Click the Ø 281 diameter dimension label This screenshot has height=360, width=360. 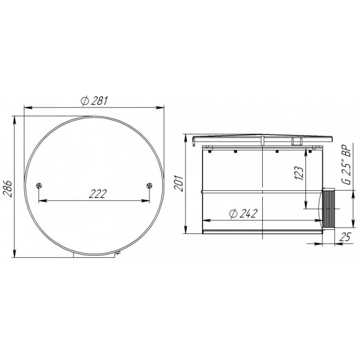point(94,101)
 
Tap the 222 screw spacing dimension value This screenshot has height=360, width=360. point(98,194)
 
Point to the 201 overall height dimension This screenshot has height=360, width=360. point(178,183)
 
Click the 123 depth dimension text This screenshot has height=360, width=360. point(299,173)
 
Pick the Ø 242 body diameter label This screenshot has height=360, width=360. point(243,214)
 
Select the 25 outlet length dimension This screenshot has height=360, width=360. point(345,237)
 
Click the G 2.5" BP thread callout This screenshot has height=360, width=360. point(347,165)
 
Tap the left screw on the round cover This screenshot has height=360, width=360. point(39,186)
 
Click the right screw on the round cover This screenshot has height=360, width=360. point(149,185)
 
